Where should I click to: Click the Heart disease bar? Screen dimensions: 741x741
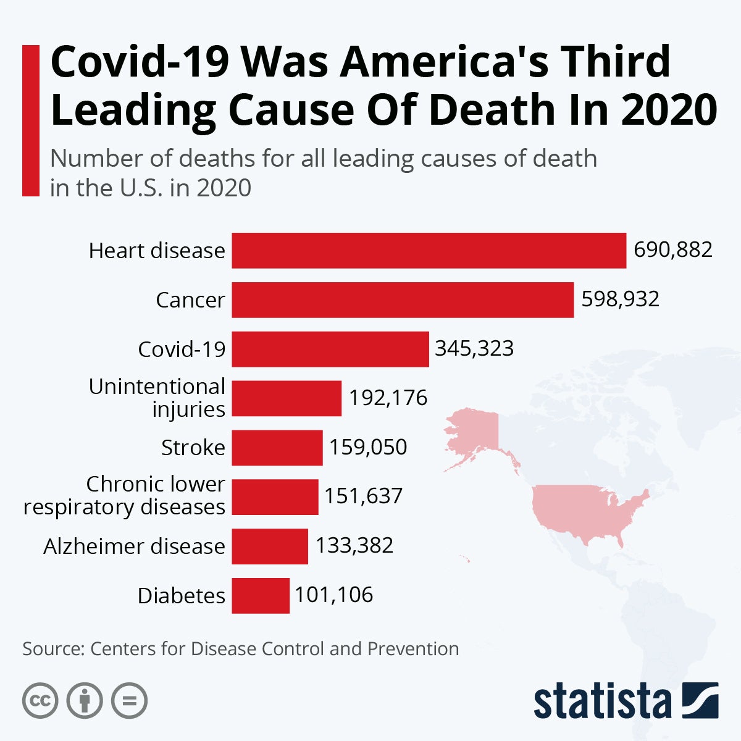coord(429,251)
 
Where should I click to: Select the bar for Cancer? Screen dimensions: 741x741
coord(403,300)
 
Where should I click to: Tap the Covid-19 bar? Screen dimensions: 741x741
coord(330,349)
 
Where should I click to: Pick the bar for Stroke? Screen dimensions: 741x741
coord(277,448)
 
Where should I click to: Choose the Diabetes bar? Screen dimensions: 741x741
coord(261,595)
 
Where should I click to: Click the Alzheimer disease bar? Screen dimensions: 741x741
coord(270,546)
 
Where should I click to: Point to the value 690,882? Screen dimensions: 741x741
coord(673,250)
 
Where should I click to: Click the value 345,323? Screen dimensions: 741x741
coord(474,349)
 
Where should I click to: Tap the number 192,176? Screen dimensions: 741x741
coord(388,398)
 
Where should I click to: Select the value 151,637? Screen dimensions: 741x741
coord(364,496)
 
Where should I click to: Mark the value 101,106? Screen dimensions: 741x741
coord(334,595)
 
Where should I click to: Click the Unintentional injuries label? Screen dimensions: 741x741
coord(157,398)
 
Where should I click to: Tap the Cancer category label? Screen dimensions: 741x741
coord(190,300)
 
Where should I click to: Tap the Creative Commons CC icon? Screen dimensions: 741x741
coord(40,701)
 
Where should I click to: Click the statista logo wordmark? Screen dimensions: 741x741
coord(602,703)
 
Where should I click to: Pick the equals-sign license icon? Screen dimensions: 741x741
coord(129,701)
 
